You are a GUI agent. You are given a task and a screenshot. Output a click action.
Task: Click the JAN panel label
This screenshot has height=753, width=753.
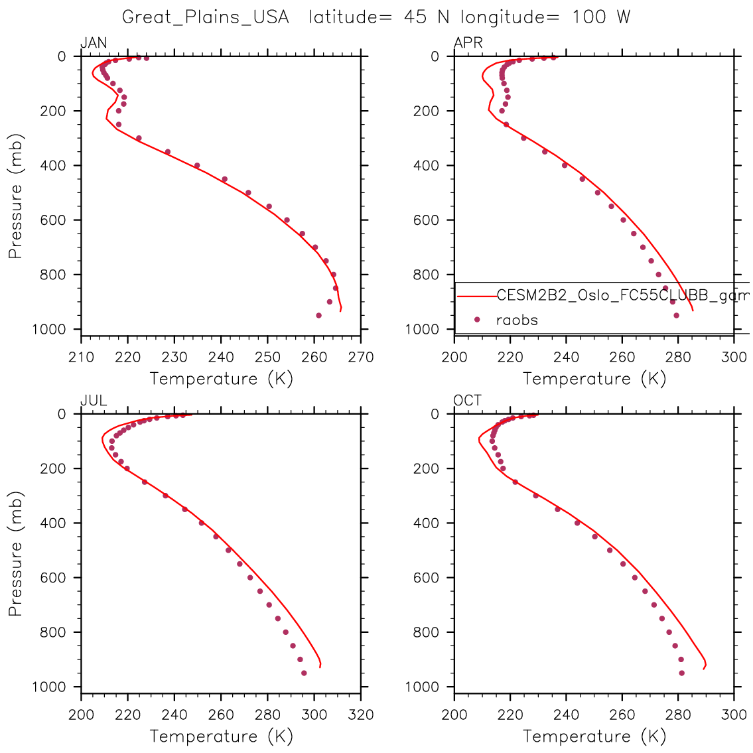coord(94,43)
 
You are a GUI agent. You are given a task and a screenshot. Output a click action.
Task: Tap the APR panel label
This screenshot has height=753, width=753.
coord(468,43)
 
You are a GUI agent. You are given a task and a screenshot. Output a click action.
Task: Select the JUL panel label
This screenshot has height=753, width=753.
coord(94,401)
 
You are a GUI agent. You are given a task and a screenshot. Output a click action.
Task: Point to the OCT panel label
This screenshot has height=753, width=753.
coord(468,401)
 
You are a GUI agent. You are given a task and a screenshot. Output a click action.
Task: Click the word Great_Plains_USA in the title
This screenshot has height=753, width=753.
coord(206,17)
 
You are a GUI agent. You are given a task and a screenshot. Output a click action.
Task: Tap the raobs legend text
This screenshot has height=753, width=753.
coord(517,320)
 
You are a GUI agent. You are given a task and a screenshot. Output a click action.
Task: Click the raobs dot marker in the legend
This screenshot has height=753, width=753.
coord(477,320)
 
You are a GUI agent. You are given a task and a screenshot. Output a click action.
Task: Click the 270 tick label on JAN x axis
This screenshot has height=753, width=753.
coord(361,357)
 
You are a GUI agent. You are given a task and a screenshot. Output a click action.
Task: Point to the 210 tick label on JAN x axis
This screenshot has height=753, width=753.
coord(81,357)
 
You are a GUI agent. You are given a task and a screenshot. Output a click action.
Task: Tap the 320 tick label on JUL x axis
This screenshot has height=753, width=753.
coord(361,715)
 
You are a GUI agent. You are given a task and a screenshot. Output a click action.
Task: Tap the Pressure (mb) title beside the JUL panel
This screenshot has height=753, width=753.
coord(15,554)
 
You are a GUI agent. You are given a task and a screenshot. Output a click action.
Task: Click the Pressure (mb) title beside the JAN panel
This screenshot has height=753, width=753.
coord(15,196)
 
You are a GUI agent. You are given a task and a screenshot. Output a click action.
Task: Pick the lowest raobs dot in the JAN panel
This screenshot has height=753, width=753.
coord(318,315)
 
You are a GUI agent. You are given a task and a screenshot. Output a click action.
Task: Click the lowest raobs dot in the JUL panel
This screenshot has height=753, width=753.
coord(304,673)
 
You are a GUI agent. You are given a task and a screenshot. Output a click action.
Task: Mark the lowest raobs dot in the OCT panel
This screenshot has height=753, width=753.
coord(681,673)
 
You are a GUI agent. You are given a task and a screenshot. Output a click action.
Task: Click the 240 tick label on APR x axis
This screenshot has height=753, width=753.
coord(566,357)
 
